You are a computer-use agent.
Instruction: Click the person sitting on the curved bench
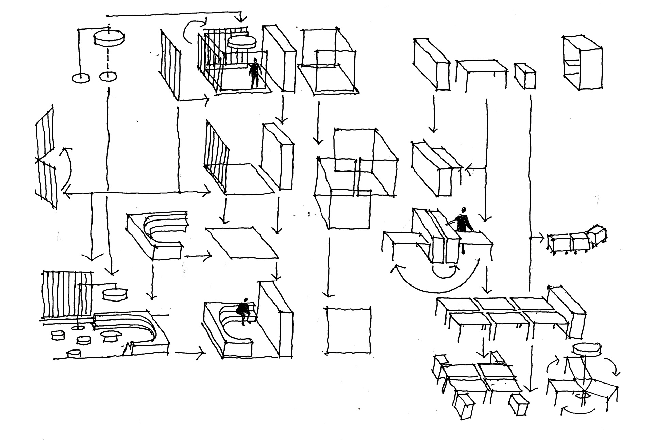(244, 311)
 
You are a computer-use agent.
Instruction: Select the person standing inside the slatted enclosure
(254, 73)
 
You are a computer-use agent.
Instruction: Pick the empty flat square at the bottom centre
(348, 330)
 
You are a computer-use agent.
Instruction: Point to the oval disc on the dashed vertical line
(108, 37)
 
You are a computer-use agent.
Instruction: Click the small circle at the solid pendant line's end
(81, 78)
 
